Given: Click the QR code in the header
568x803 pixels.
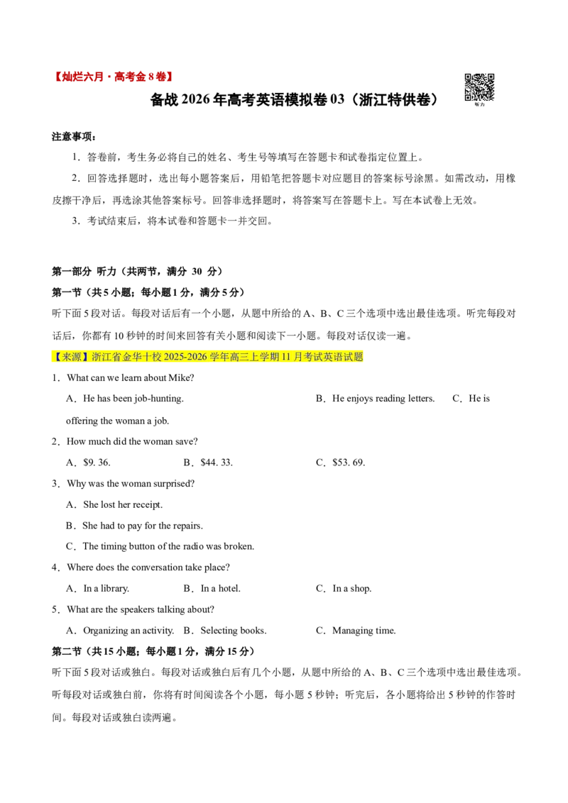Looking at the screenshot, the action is pyautogui.click(x=479, y=87).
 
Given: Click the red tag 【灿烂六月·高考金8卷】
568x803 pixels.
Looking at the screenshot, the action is pyautogui.click(x=112, y=77).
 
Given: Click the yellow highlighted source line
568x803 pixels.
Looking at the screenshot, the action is pyautogui.click(x=207, y=356).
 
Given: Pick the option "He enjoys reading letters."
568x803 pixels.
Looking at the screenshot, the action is pyautogui.click(x=383, y=399).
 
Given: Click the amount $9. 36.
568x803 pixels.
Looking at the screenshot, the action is pyautogui.click(x=97, y=463).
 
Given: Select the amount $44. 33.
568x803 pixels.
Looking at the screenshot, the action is pyautogui.click(x=217, y=463).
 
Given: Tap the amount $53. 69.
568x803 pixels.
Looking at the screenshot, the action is pyautogui.click(x=349, y=463).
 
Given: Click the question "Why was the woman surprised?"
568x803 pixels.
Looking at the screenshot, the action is pyautogui.click(x=131, y=484).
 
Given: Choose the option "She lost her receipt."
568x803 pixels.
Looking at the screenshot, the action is pyautogui.click(x=123, y=504).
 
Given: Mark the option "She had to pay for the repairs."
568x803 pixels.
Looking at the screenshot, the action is pyautogui.click(x=143, y=526).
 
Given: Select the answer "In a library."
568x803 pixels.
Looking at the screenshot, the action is pyautogui.click(x=106, y=589).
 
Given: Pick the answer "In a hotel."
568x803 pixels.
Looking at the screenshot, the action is pyautogui.click(x=220, y=589).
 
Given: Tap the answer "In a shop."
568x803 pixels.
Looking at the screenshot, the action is pyautogui.click(x=352, y=589).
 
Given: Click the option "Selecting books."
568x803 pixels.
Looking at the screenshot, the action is pyautogui.click(x=234, y=631).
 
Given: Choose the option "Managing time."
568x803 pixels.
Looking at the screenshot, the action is pyautogui.click(x=364, y=631).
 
